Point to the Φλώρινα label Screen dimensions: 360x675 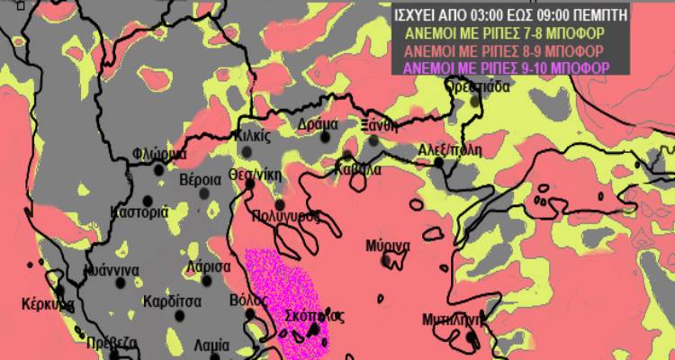point(158,154)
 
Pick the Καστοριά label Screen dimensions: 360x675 point(139,212)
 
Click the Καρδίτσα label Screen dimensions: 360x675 point(170,301)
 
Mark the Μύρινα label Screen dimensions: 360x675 point(389,246)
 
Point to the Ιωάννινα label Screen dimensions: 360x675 point(109,269)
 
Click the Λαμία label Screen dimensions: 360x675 point(211,345)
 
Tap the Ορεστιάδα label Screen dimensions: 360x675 point(479,87)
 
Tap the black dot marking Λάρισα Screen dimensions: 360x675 point(207,280)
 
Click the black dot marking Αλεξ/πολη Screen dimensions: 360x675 point(439,162)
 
